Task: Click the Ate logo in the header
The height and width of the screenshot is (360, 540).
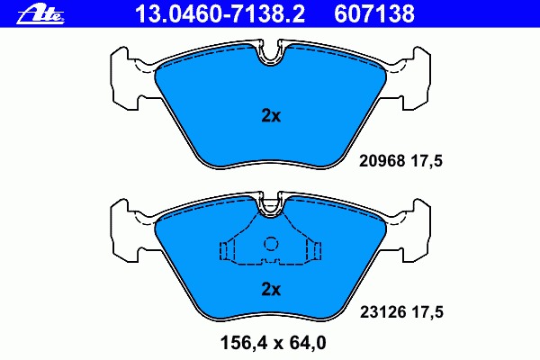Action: click(40, 14)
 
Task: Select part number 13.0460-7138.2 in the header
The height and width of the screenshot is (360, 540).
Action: click(220, 13)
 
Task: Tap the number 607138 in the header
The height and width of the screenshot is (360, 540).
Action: click(374, 13)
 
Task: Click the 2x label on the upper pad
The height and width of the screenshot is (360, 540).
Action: click(271, 116)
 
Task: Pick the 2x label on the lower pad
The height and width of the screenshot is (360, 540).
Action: click(271, 290)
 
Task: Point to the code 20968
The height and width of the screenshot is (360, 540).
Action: click(382, 161)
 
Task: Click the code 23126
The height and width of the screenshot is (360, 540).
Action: click(382, 312)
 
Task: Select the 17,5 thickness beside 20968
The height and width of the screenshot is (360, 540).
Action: click(427, 161)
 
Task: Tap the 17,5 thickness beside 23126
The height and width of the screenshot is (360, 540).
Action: click(427, 312)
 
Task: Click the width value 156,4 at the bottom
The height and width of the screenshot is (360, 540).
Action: click(243, 343)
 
